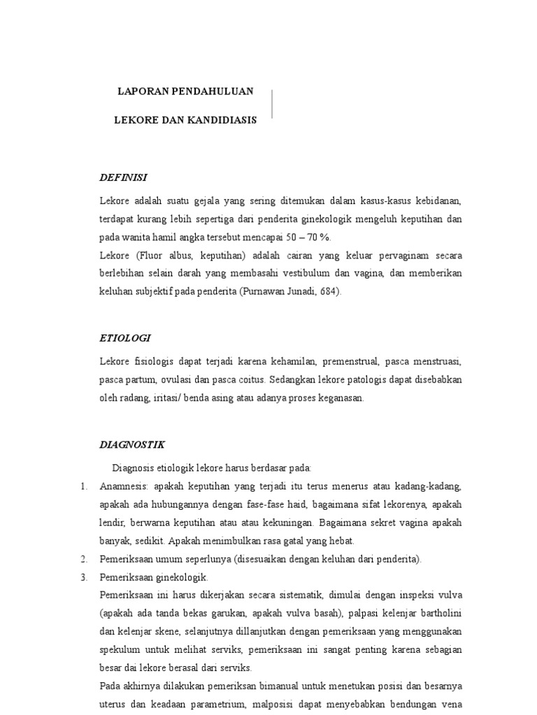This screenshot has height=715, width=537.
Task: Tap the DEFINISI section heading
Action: (x=123, y=177)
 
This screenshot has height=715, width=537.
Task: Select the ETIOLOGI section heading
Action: (x=125, y=338)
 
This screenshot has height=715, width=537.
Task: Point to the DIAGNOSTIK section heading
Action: (x=132, y=444)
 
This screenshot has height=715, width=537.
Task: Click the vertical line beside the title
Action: (x=271, y=104)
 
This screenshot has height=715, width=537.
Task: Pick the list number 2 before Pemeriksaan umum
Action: (x=82, y=559)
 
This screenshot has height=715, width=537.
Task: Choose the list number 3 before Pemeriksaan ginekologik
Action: (x=82, y=577)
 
